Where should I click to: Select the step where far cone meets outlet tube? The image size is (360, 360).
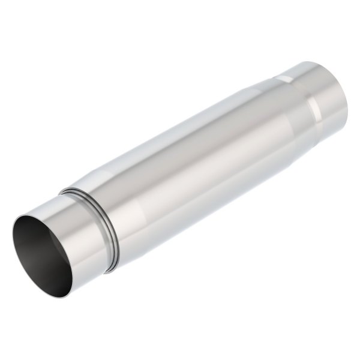click(x=303, y=96)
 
